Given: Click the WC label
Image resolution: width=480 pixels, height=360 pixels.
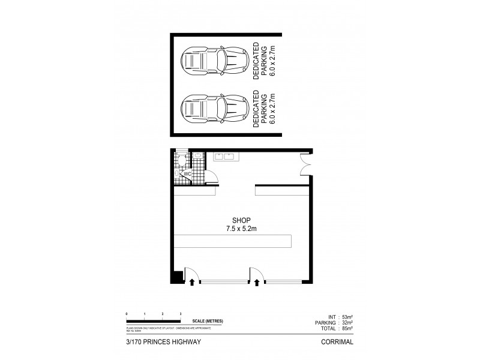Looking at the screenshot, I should tap(187, 175).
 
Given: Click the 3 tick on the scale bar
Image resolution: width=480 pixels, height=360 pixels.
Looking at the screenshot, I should tap(181, 314).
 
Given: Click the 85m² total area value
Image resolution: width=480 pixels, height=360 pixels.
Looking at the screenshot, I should tap(347, 328).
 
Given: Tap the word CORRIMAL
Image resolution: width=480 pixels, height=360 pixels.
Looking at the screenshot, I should tap(336, 343).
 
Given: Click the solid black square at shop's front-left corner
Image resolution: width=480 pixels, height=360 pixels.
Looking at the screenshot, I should tap(177, 277).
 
